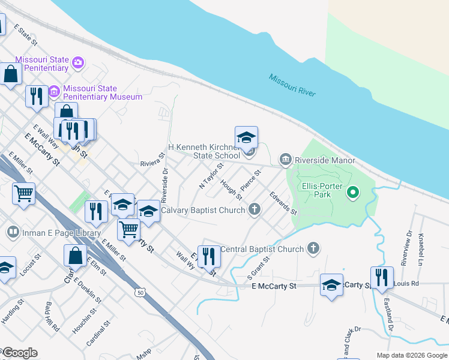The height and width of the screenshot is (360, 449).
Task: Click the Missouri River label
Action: click(x=292, y=86)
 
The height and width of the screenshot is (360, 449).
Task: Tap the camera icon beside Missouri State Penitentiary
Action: click(x=77, y=62)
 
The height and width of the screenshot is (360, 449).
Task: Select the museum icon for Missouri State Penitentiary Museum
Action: click(x=54, y=91)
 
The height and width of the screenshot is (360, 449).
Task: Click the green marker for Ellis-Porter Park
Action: click(x=353, y=193)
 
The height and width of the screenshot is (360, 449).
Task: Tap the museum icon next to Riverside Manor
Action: click(x=285, y=159)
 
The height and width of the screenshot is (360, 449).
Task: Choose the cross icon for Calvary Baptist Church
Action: click(x=255, y=209)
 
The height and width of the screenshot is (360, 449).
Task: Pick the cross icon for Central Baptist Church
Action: click(x=313, y=248)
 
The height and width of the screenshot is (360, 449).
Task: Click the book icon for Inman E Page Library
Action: click(x=12, y=232)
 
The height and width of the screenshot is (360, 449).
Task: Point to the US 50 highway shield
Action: click(x=139, y=292)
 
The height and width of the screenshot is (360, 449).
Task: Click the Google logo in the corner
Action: click(x=19, y=353)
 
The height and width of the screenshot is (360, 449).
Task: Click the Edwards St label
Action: click(x=283, y=203)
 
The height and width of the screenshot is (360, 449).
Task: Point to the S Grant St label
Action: click(x=259, y=268)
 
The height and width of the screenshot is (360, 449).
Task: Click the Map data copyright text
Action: click(x=411, y=355)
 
